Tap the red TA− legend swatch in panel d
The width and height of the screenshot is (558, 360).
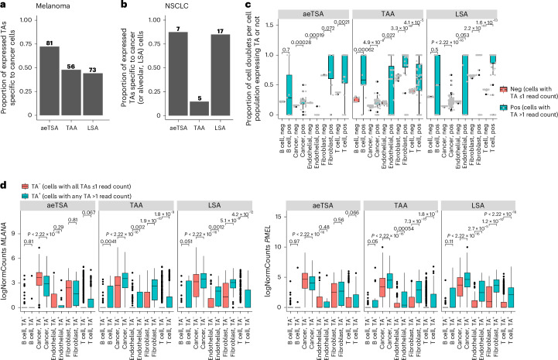tap(29, 187)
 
